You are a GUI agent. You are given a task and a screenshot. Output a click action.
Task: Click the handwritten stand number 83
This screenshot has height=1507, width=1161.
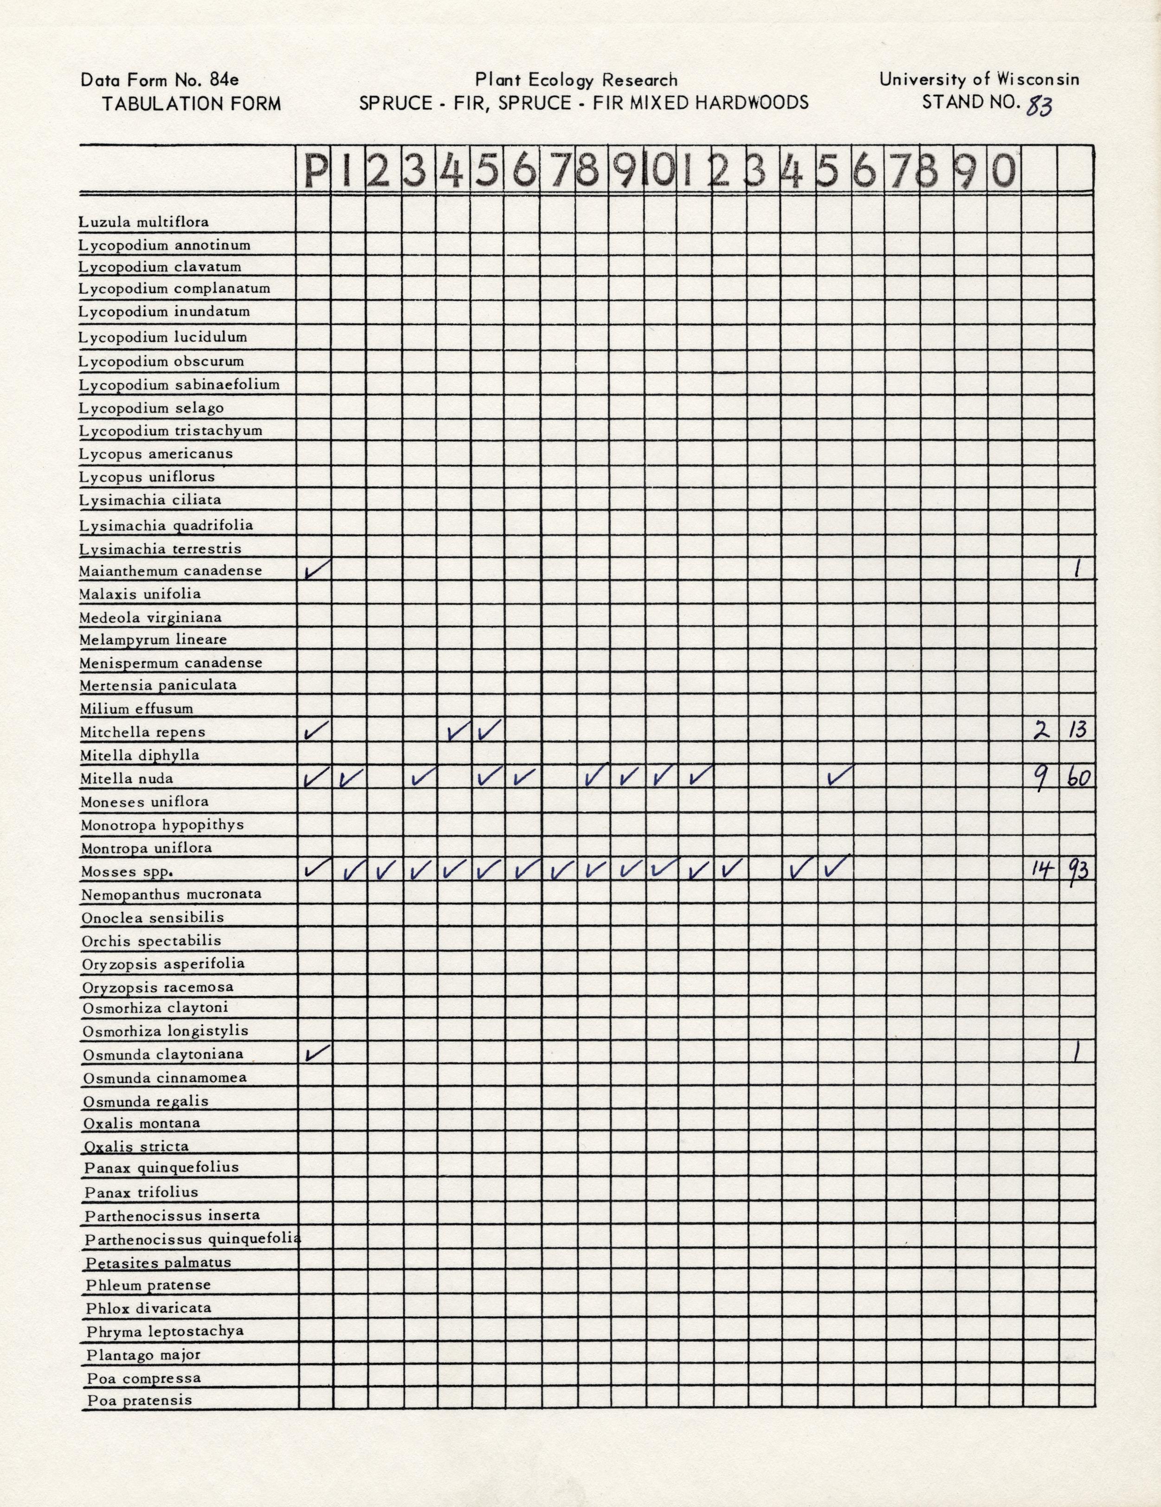pyautogui.click(x=1039, y=105)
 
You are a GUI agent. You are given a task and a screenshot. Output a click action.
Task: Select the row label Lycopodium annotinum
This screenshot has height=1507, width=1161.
pyautogui.click(x=164, y=245)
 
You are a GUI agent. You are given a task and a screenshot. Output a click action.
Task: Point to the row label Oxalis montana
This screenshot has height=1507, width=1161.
pyautogui.click(x=142, y=1123)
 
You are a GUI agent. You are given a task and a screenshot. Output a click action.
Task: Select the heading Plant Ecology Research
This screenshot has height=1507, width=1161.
pyautogui.click(x=576, y=81)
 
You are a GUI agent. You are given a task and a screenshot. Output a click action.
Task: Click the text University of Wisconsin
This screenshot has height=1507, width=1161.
pyautogui.click(x=979, y=79)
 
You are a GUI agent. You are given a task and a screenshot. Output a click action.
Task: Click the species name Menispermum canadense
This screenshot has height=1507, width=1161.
pyautogui.click(x=170, y=663)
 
